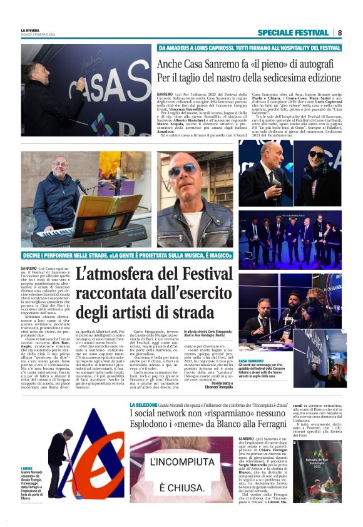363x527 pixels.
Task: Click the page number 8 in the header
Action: pyautogui.click(x=340, y=32)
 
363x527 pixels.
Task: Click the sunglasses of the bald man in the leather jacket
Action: pyautogui.click(x=186, y=170)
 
